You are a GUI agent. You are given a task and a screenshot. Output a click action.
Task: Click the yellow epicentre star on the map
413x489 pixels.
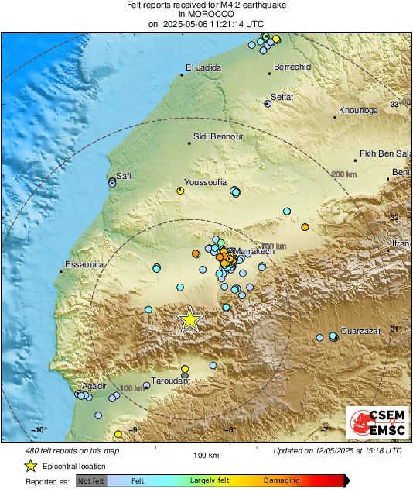tap(189, 319)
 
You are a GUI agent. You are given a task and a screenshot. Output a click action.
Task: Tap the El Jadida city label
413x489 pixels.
tap(204, 68)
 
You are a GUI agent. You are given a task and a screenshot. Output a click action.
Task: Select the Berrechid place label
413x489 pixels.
tap(292, 67)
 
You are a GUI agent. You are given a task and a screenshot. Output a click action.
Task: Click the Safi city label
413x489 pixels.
tap(124, 176)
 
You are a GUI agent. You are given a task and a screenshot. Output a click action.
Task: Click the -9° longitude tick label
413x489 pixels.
tap(134, 429)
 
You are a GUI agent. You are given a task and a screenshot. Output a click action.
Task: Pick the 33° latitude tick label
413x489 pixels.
tap(394, 104)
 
